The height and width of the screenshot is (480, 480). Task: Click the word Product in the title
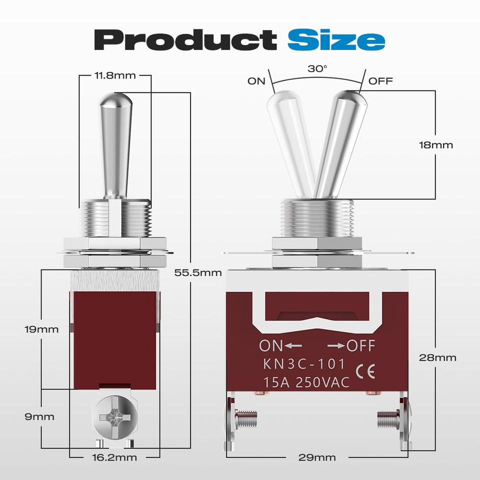185,40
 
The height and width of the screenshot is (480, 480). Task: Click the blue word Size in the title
336,40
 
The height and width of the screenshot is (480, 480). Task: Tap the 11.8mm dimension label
115,75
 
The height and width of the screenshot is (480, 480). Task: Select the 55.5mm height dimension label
198,272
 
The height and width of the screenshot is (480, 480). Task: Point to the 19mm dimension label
41,329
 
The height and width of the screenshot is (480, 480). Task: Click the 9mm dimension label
39,416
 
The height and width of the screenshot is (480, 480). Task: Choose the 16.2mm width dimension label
114,457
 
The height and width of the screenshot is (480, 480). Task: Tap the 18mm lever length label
436,145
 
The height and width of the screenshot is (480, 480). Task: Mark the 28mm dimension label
437,357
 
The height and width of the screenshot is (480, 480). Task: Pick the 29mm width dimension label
317,457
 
